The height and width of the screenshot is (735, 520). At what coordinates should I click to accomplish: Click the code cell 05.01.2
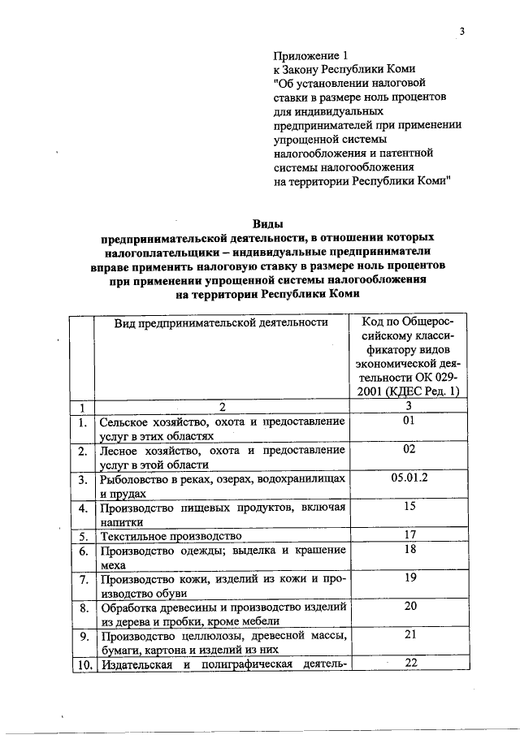point(409,478)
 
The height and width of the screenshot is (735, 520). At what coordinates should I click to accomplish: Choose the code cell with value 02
point(409,449)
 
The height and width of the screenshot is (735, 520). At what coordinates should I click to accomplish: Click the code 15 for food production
point(409,506)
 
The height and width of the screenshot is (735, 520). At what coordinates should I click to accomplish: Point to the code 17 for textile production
point(409,534)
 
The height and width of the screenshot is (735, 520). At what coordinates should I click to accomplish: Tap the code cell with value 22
point(409,663)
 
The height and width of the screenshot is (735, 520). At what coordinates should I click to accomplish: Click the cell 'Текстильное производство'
point(171,536)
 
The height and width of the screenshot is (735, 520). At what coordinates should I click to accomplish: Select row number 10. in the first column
point(81,664)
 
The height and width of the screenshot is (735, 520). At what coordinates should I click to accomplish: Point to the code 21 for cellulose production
point(409,634)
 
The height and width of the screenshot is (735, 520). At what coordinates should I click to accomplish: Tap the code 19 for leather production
point(409,577)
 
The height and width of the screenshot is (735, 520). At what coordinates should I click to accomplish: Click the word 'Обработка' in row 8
point(130,607)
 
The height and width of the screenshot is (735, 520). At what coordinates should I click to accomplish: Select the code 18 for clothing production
point(409,549)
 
